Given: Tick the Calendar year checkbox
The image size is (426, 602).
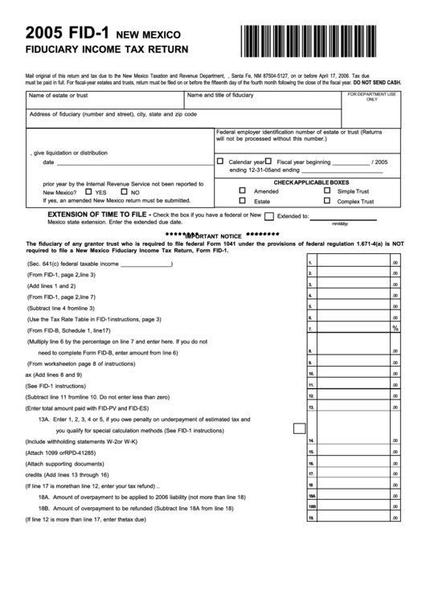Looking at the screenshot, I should click(x=220, y=162).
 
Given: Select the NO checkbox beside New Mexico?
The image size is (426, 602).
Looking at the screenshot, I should click(x=124, y=192).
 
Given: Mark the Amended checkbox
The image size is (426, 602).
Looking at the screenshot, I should click(x=242, y=191).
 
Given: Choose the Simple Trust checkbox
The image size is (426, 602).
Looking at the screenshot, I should click(x=326, y=191).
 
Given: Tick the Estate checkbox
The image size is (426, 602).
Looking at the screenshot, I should click(x=242, y=202).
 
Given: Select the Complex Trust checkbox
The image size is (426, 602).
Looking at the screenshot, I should click(x=326, y=202).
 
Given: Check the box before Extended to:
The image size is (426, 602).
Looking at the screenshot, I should click(x=269, y=216).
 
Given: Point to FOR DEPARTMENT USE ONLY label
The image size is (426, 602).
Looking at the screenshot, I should click(x=371, y=96).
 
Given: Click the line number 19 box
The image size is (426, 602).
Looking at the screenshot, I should click(x=310, y=518).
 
